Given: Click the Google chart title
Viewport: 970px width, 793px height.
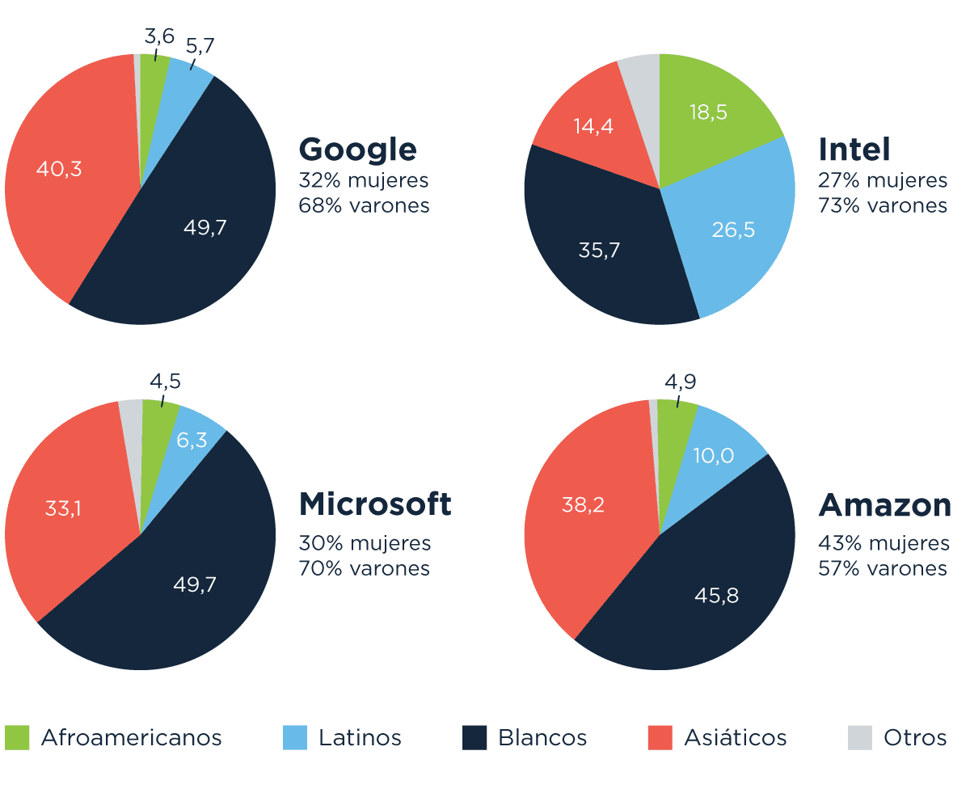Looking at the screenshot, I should [357, 150].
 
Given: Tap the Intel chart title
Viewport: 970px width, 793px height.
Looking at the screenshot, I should [854, 150].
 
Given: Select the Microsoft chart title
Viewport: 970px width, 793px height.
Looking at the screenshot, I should [375, 504].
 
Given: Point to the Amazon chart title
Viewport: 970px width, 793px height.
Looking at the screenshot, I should [884, 505].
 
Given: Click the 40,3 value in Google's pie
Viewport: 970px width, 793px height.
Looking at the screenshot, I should [59, 170].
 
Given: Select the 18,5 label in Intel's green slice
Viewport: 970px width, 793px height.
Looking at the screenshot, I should [707, 112].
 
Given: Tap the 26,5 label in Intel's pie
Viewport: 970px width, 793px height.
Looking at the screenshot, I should [733, 230].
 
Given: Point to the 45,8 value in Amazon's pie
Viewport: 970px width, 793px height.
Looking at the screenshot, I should [716, 596].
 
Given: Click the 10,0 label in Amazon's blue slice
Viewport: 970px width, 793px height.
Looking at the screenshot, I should [714, 456].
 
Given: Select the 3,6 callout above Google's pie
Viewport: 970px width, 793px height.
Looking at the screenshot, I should [159, 36].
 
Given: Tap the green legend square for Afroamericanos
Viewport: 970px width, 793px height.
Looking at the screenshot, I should [17, 737].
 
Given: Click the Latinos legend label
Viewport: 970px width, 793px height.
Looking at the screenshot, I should [360, 738].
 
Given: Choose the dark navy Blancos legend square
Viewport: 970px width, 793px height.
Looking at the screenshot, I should [474, 737].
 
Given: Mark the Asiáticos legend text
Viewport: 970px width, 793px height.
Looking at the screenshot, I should [735, 738].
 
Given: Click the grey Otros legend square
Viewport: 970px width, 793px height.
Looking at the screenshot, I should [860, 737].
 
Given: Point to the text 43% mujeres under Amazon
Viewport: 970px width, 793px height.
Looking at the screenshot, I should [884, 542].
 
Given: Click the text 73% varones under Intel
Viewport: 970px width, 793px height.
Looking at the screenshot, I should [883, 205].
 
